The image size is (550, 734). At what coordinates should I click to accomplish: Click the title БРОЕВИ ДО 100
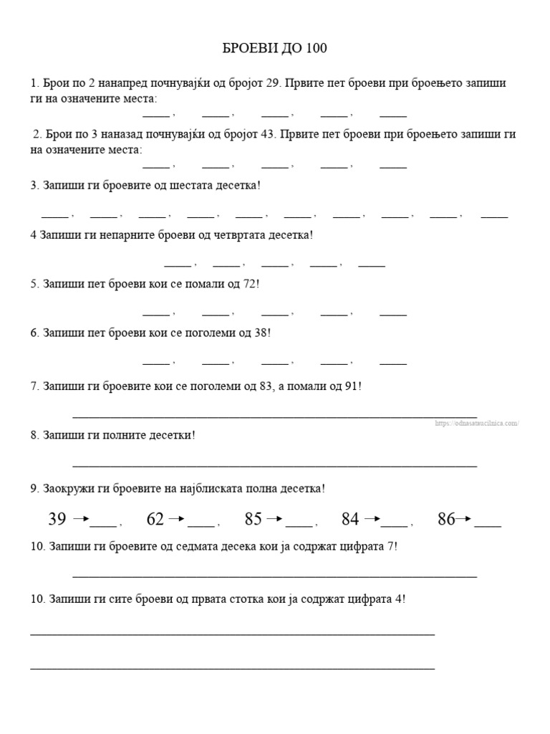click(274, 49)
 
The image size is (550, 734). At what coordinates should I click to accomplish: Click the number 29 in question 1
click(272, 83)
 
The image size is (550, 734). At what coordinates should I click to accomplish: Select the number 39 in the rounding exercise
click(57, 519)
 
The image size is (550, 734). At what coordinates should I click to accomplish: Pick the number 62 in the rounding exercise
click(155, 519)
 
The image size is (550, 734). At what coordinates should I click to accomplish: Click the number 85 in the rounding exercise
click(254, 519)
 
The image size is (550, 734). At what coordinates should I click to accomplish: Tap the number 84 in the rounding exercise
click(350, 519)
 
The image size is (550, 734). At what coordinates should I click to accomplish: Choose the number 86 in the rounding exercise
click(446, 519)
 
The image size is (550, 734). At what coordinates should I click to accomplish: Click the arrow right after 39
click(81, 519)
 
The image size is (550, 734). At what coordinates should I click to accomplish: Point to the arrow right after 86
click(465, 519)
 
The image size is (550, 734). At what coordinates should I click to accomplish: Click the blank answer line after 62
click(201, 525)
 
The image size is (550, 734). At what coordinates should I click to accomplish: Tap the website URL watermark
click(476, 424)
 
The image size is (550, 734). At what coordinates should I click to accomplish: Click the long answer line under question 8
click(274, 466)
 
